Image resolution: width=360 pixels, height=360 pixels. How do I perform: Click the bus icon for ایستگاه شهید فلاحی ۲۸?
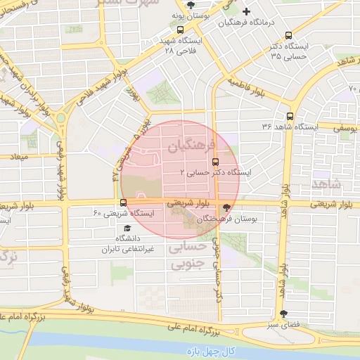(181, 30)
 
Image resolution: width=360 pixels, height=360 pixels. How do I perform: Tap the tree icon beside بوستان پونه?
(191, 5)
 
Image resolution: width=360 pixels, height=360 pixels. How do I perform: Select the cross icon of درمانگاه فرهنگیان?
(245, 11)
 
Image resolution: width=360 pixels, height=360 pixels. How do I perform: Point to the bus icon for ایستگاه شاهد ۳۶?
(290, 117)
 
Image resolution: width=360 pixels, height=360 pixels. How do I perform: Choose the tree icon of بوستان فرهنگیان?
(226, 207)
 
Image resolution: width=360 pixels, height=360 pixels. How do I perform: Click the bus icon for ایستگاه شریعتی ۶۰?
(124, 204)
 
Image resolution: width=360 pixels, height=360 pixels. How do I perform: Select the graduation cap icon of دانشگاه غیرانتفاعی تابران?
(127, 229)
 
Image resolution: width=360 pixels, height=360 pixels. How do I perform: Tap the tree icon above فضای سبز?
(283, 314)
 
